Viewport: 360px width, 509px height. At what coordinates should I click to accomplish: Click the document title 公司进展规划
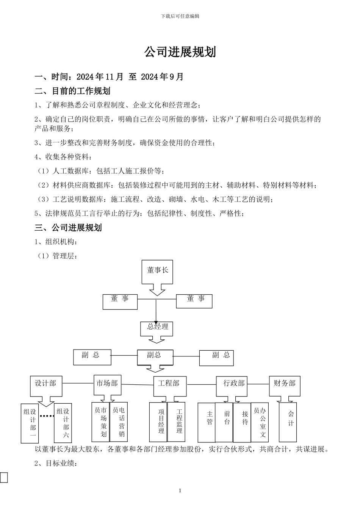180,52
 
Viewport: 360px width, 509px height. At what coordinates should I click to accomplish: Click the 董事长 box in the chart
157,271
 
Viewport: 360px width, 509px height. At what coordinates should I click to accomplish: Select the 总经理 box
157,328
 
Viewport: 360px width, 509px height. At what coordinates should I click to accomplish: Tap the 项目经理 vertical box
158,422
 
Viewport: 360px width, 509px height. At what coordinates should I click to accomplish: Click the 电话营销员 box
119,421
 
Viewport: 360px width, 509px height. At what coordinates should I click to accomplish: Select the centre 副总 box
155,356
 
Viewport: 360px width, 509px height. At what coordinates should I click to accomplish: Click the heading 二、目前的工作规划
72,91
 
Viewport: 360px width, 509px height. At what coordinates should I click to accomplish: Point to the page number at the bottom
180,491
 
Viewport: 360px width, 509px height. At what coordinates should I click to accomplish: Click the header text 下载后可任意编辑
180,16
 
